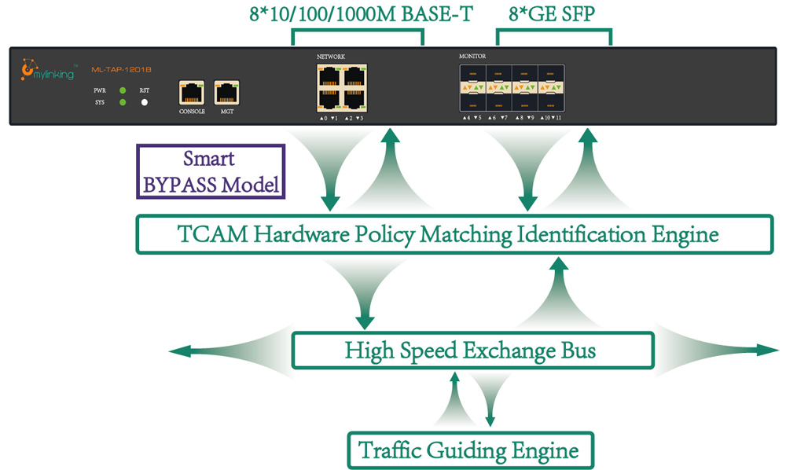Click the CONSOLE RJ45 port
[x=192, y=92]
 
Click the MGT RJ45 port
[x=227, y=92]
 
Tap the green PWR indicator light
[x=123, y=91]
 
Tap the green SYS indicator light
[x=123, y=102]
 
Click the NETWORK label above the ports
[x=331, y=57]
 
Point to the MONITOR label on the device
[x=472, y=57]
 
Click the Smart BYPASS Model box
[x=211, y=172]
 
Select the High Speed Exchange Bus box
[x=472, y=351]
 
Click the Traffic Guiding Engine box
[x=469, y=451]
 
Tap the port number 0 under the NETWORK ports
[x=325, y=118]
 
